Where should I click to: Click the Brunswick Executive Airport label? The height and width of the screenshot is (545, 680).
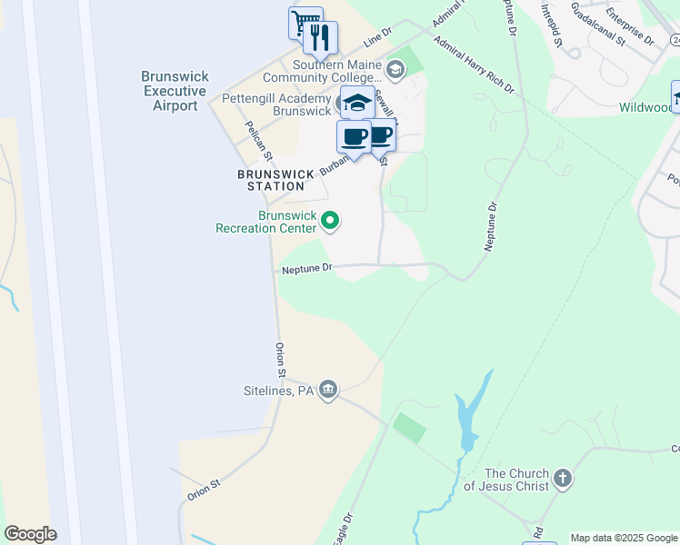[x=169, y=92]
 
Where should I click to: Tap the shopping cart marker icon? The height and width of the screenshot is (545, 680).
[x=305, y=21]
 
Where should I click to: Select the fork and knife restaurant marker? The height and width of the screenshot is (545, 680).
[x=320, y=37]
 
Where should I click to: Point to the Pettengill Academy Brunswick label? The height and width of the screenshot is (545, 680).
[x=277, y=104]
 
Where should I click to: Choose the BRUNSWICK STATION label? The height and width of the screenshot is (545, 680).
[x=275, y=180]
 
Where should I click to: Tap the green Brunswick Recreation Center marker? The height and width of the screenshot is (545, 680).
[x=332, y=220]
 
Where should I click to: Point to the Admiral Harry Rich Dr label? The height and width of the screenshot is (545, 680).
[x=474, y=65]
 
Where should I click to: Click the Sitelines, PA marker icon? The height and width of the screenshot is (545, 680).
[x=329, y=391]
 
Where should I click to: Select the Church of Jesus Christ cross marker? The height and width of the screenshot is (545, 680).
[x=563, y=479]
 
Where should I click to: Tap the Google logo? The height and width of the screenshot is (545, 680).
[x=30, y=534]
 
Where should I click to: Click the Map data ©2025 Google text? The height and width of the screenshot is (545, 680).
[x=624, y=539]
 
